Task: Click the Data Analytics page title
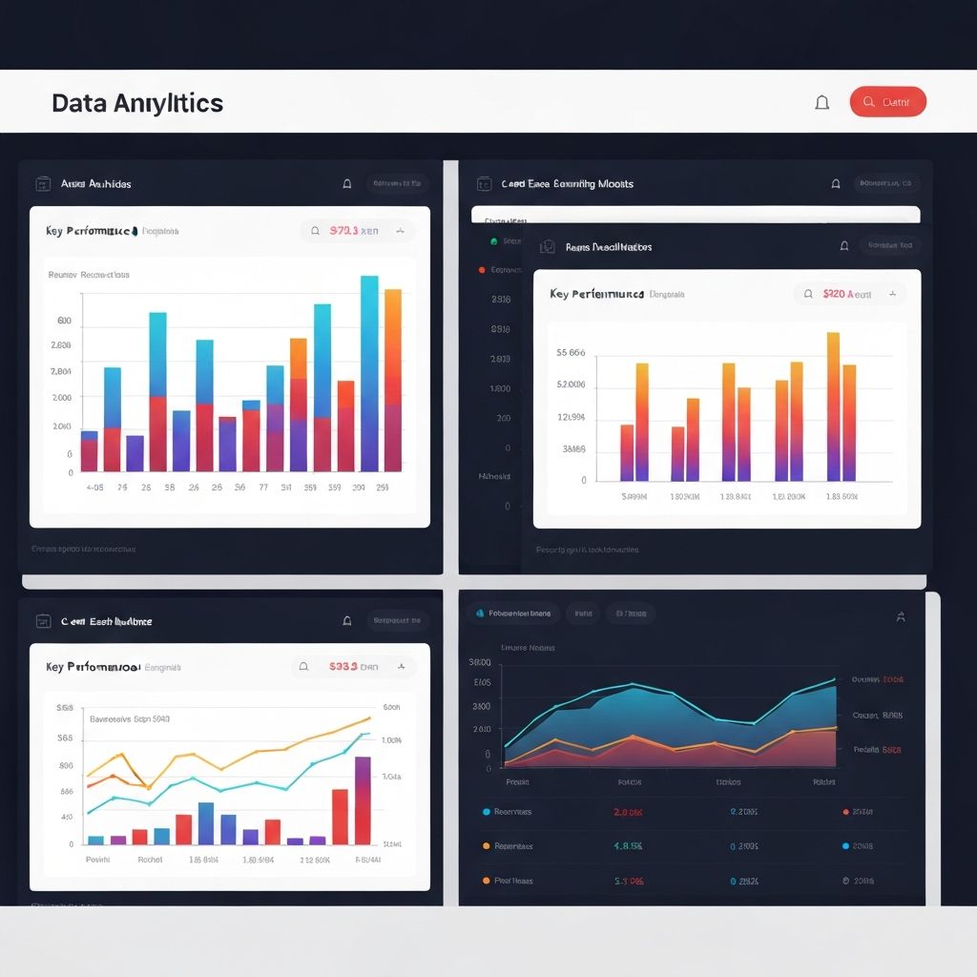pyautogui.click(x=137, y=103)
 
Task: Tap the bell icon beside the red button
pyautogui.click(x=821, y=102)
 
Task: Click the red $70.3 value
pyautogui.click(x=343, y=231)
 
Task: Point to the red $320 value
pyautogui.click(x=834, y=295)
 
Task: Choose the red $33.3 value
pyautogui.click(x=343, y=667)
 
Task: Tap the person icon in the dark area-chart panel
pyautogui.click(x=900, y=617)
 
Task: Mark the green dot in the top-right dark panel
pyautogui.click(x=493, y=242)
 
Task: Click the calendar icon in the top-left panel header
pyautogui.click(x=42, y=184)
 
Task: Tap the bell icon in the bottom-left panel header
pyautogui.click(x=347, y=621)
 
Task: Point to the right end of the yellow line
pyautogui.click(x=369, y=718)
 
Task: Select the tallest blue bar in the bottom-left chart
pyautogui.click(x=206, y=823)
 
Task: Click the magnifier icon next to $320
pyautogui.click(x=808, y=295)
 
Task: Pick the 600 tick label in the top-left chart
pyautogui.click(x=65, y=321)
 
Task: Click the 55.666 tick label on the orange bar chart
pyautogui.click(x=571, y=353)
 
